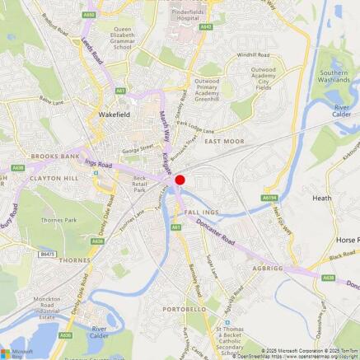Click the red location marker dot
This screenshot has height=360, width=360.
coord(180,180)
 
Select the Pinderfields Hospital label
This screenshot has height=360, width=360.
coord(192,18)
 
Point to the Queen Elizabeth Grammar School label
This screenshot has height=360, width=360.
coord(110,38)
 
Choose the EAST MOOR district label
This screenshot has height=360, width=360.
coord(224,142)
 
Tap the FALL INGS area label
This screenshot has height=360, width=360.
coord(203,212)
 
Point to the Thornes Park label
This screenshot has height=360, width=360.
coord(58,220)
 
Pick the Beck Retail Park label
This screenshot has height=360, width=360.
coord(139,184)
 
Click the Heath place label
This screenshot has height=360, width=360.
coord(321,198)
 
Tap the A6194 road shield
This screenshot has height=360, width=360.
coord(269,198)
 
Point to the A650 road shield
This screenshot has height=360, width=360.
coord(89,14)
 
